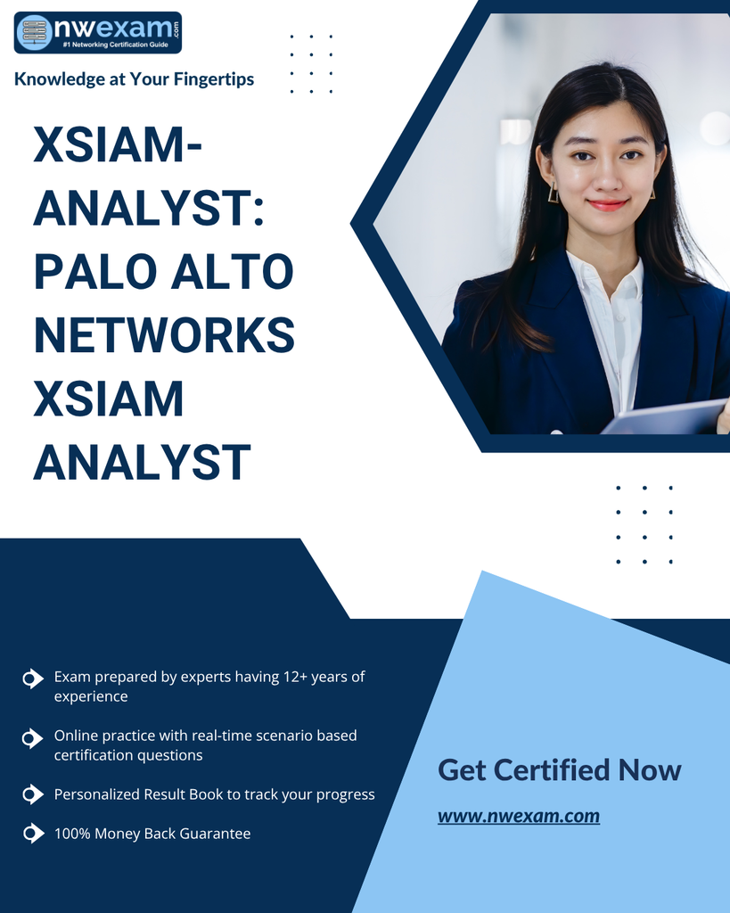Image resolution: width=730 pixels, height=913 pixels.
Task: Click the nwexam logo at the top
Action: tap(98, 33)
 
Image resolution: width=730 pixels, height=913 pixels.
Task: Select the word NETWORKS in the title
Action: tap(164, 335)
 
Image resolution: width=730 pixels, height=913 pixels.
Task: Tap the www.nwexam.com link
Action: tap(519, 816)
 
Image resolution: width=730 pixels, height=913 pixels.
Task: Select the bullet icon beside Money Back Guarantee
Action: tap(33, 834)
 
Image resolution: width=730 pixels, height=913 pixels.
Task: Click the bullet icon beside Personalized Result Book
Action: tap(33, 794)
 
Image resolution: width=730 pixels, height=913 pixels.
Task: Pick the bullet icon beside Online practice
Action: tap(33, 738)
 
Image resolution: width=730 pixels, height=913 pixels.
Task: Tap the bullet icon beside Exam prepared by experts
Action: tap(33, 679)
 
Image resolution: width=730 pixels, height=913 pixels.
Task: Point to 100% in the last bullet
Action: tap(72, 834)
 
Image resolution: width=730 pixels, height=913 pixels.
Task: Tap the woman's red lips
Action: tap(608, 204)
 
